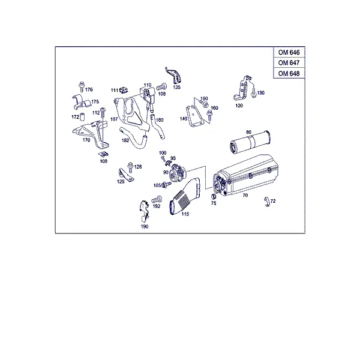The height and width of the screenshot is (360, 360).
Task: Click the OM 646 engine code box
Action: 289,52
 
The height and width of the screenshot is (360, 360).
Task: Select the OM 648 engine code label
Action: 289,73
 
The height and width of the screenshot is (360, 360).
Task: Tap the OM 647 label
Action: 289,62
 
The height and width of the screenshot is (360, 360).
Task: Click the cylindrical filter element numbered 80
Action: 250,142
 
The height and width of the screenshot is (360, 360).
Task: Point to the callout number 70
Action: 245,196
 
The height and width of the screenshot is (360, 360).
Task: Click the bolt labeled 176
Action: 81,86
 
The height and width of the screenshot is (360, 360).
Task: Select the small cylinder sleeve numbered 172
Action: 82,117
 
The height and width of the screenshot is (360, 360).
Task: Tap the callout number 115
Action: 185,214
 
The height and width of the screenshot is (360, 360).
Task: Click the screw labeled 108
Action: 161,87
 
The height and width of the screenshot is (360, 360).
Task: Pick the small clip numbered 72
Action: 267,202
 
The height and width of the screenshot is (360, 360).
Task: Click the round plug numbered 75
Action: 213,197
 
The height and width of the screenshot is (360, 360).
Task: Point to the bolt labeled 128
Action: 130,167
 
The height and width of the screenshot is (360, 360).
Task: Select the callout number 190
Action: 145,227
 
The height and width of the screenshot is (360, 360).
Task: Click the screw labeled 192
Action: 157,199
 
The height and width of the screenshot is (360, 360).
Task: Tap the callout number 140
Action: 184,119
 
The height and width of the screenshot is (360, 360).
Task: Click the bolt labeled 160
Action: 209,115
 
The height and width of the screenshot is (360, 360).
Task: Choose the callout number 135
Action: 177,87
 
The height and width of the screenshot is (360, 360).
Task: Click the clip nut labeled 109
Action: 104,155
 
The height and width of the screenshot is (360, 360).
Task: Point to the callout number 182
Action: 125,140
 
